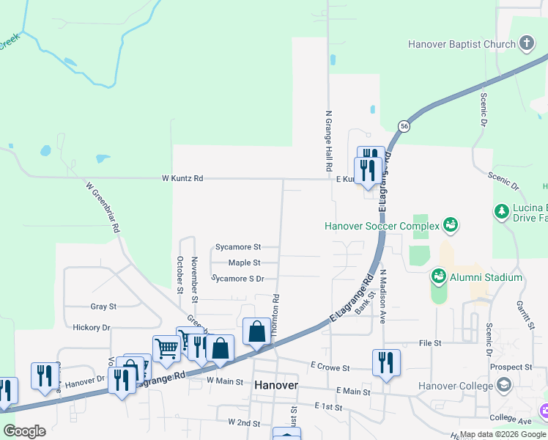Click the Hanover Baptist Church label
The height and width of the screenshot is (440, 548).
pos(462,44)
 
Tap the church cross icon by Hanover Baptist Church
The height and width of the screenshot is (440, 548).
pos(527,43)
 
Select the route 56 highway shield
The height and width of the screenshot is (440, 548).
pos(404,126)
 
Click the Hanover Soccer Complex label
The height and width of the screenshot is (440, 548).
pos(382,226)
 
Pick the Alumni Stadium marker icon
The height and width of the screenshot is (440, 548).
pos(439,277)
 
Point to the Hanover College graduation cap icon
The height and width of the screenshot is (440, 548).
pos(503,385)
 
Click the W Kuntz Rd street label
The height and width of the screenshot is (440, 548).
pos(182,178)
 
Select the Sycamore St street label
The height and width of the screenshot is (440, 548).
pos(238,248)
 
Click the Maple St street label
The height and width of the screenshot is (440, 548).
pos(244,263)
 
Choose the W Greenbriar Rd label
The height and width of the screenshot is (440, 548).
pos(103,208)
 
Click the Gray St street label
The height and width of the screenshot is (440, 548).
pos(103,307)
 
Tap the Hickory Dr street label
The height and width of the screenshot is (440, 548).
pos(92,327)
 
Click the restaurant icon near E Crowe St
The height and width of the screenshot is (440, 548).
pos(385,362)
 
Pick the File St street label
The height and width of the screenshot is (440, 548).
pos(430,342)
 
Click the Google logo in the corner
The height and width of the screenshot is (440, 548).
pos(24,431)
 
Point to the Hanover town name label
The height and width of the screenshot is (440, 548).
pos(275,385)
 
